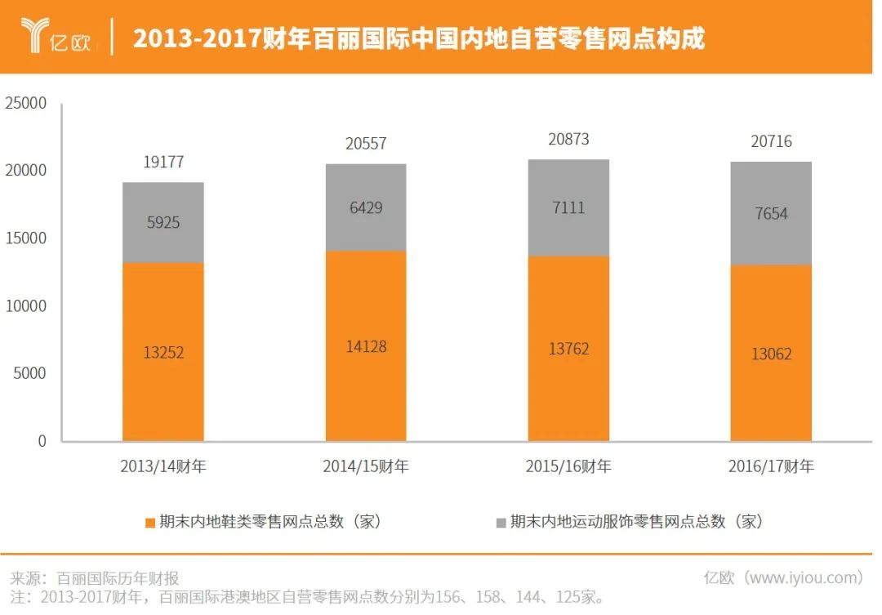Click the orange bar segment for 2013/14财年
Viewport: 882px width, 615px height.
click(x=163, y=352)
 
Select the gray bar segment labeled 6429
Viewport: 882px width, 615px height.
click(x=365, y=207)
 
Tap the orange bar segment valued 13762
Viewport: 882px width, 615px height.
click(x=568, y=349)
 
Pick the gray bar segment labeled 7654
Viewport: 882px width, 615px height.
click(x=771, y=213)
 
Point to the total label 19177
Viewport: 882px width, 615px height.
click(x=163, y=162)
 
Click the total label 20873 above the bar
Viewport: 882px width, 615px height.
click(x=568, y=140)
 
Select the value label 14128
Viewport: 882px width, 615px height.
click(x=365, y=346)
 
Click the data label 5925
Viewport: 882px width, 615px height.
click(x=163, y=222)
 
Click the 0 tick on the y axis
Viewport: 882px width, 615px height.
click(x=42, y=441)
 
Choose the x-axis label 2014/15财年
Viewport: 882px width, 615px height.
click(x=365, y=467)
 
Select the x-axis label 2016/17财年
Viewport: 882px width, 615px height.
click(x=771, y=467)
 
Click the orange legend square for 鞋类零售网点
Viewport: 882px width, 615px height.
click(x=149, y=522)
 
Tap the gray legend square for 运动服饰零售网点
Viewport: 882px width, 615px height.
click(x=501, y=522)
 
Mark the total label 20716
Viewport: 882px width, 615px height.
click(x=771, y=142)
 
